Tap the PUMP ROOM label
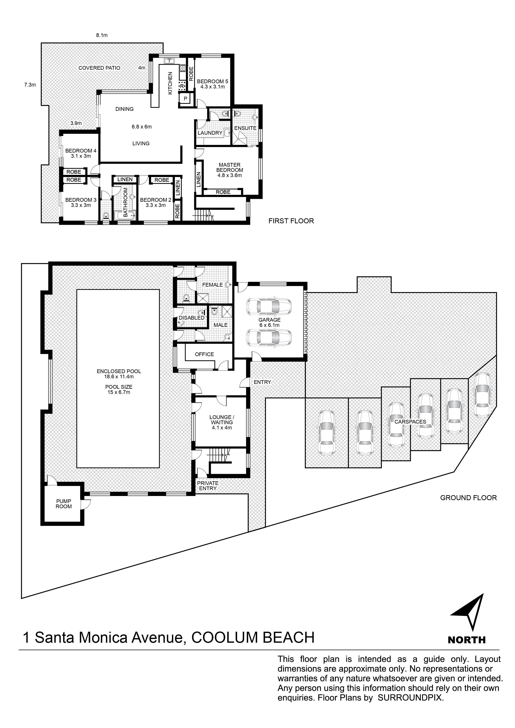click(x=64, y=504)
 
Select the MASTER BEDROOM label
click(x=230, y=167)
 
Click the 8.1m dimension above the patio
click(x=102, y=35)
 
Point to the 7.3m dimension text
click(x=30, y=85)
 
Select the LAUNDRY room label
click(x=210, y=133)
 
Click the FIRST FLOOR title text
click(x=291, y=221)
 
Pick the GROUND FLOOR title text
click(x=468, y=498)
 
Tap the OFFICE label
click(x=204, y=354)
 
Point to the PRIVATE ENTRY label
click(x=208, y=486)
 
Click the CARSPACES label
click(x=410, y=422)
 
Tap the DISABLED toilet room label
click(x=192, y=318)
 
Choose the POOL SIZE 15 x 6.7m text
click(x=119, y=389)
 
